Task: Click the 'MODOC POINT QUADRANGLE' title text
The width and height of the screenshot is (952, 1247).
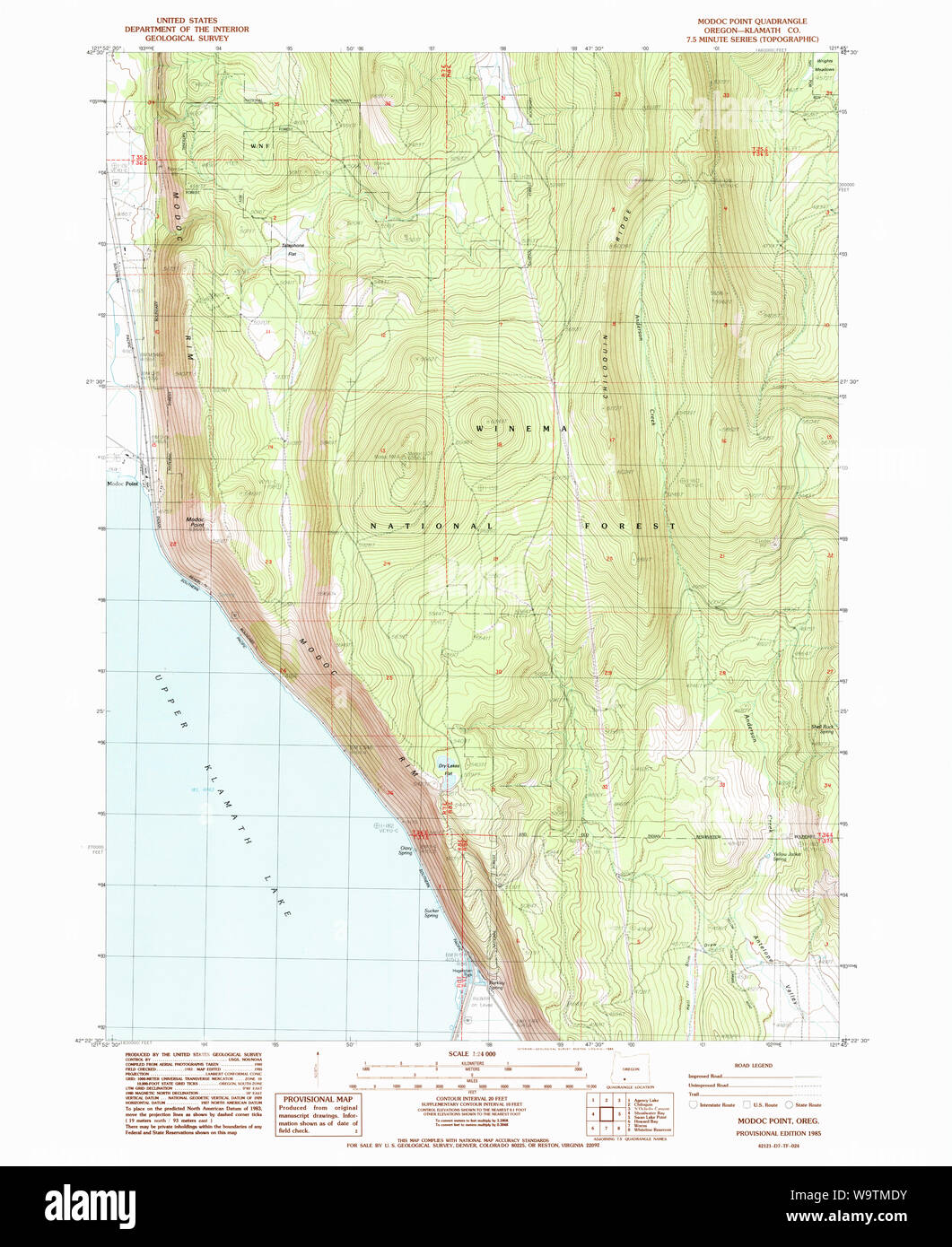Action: pos(752,21)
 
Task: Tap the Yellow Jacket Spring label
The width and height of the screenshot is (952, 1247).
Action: pos(786,858)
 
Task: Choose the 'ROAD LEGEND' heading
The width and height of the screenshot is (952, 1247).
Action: pos(753,1065)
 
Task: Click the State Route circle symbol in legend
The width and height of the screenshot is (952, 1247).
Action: pos(789,1105)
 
